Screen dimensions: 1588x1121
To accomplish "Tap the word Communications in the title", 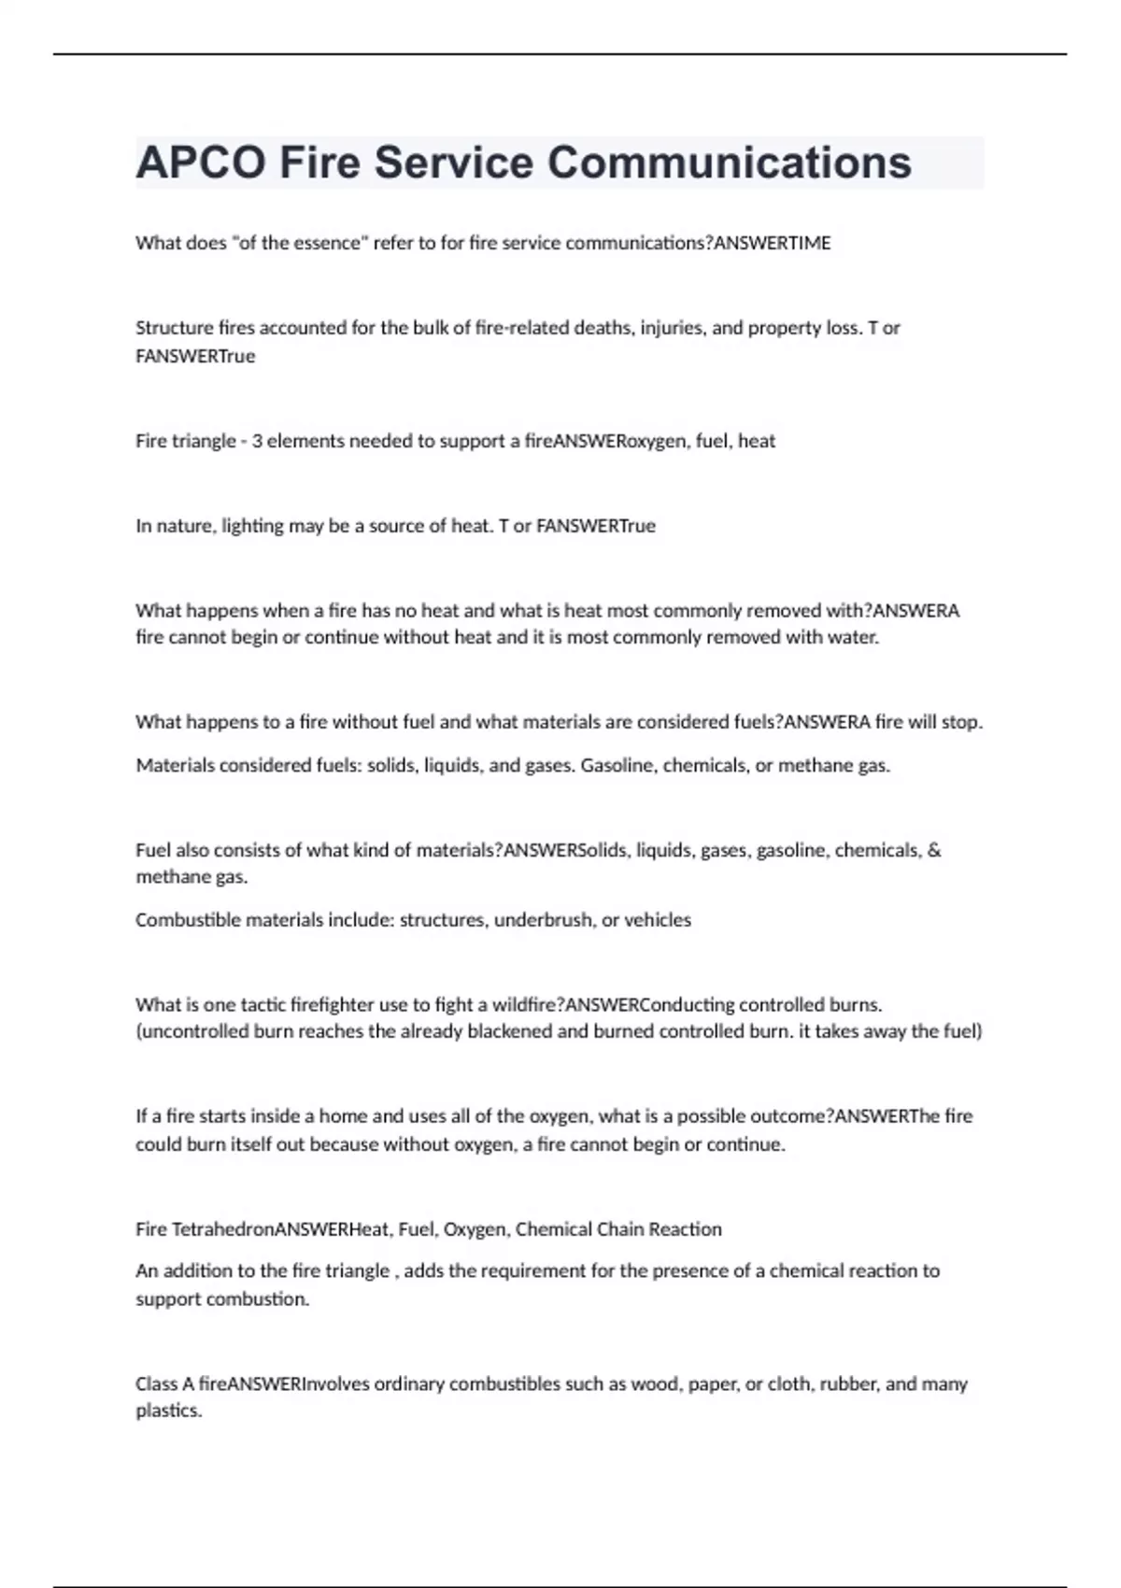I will pyautogui.click(x=729, y=163).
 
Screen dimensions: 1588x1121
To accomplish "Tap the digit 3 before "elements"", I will pyautogui.click(x=257, y=441).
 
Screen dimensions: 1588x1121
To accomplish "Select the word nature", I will pyautogui.click(x=185, y=526).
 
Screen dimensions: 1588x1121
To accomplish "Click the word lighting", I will pyautogui.click(x=252, y=526).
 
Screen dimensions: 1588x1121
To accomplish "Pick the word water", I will pyautogui.click(x=854, y=638).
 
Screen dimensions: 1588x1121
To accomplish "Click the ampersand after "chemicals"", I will pyautogui.click(x=935, y=850).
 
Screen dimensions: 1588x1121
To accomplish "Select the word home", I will pyautogui.click(x=344, y=1116).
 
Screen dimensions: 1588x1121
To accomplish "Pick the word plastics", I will pyautogui.click(x=168, y=1411).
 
